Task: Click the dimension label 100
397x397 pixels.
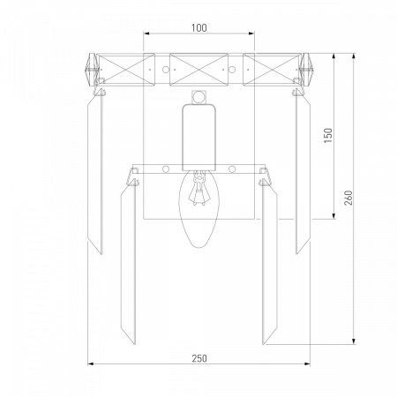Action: point(199,28)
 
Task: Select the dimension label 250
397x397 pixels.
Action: point(199,358)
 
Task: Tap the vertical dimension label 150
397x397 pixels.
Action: point(328,136)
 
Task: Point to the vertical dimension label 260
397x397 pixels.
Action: point(348,198)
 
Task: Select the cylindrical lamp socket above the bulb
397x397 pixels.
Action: point(198,138)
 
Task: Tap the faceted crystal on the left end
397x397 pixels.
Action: point(91,70)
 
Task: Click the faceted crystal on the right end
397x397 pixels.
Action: point(306,70)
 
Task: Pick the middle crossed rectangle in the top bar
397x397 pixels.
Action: point(198,70)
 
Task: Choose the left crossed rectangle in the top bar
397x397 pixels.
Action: point(126,70)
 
